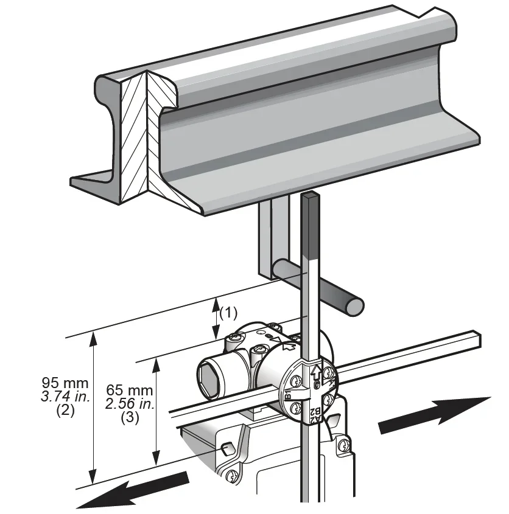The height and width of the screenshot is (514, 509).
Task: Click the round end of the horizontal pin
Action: [x=354, y=305]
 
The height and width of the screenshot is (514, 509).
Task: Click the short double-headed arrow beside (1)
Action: [x=215, y=318]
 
